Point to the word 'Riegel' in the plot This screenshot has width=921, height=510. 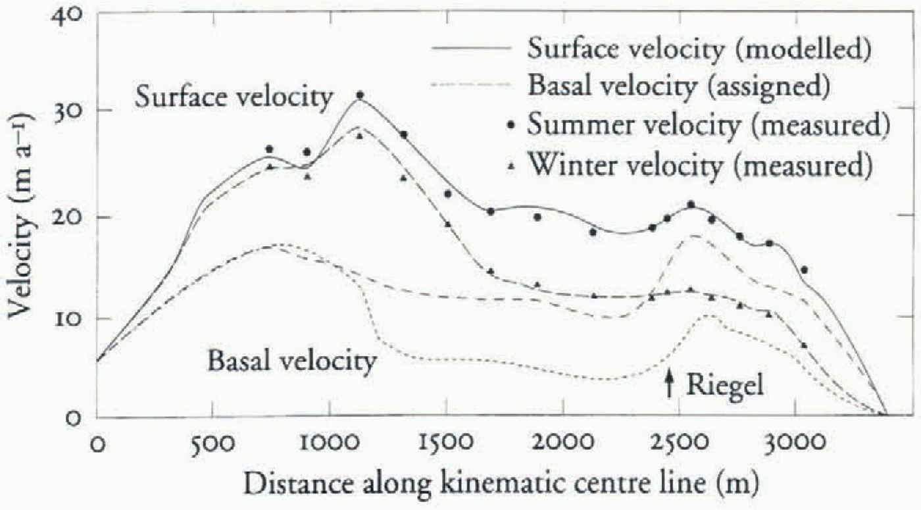pos(725,385)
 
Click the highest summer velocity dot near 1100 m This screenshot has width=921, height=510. pos(360,95)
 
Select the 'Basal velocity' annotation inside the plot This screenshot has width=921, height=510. pos(292,361)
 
